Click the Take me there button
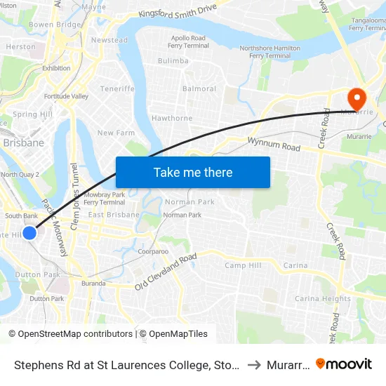coord(193,172)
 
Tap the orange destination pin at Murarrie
coord(357,98)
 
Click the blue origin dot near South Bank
coord(29,233)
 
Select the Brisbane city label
coord(23,142)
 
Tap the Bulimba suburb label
coord(173,61)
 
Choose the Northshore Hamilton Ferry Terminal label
coord(270,51)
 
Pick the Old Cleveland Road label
coord(166,272)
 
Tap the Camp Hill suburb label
coord(243,265)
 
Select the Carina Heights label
coord(322,298)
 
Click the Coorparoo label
coord(153,251)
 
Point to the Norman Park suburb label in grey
coord(189,201)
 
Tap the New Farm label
coord(116,133)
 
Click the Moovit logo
coord(343,364)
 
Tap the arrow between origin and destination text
coord(255,365)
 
